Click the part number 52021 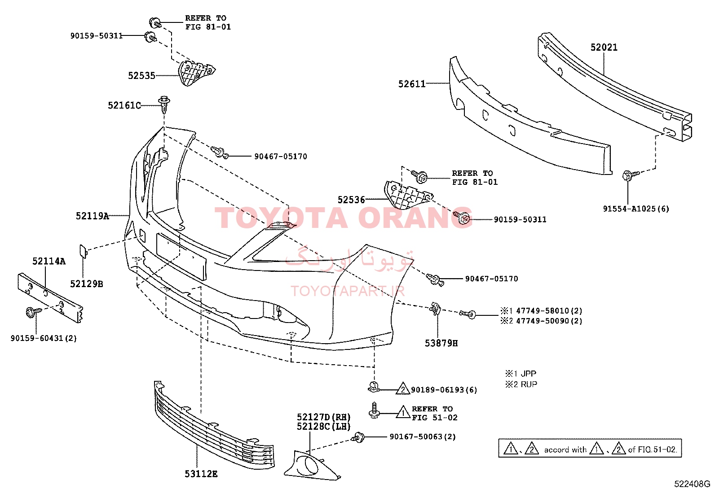[604, 48]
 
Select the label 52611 [412, 84]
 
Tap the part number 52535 [141, 75]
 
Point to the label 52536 [351, 200]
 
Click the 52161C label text [124, 105]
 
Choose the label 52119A [92, 216]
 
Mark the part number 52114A [49, 261]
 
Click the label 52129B [87, 284]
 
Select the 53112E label [201, 474]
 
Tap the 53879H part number [441, 343]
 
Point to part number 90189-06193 [437, 390]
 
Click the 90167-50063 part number [415, 436]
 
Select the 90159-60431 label [37, 338]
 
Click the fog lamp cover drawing [312, 465]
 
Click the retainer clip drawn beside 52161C [164, 104]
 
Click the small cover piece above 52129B [83, 251]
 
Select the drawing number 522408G [692, 484]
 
